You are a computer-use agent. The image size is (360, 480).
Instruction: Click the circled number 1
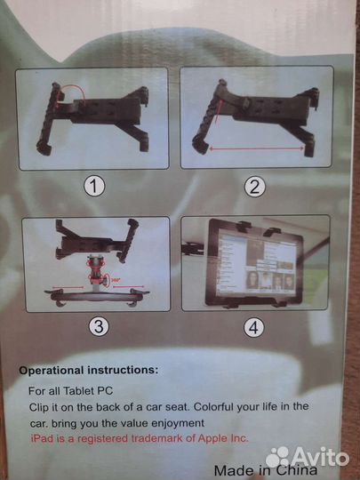coord(94,187)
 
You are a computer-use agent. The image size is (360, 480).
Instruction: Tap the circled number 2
coord(255,187)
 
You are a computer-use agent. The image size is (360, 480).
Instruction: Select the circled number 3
coord(99,327)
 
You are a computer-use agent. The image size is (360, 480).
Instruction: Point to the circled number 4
coord(253,327)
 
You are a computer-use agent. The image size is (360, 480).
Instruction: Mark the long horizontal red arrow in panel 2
coord(257,149)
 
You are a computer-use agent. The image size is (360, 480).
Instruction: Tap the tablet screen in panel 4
coord(256,265)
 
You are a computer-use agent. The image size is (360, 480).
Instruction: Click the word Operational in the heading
coord(52,370)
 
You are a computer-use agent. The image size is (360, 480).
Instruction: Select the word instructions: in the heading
coord(123,370)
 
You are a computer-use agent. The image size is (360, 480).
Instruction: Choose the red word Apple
coord(213,439)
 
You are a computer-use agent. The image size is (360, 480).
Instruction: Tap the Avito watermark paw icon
coord(277,457)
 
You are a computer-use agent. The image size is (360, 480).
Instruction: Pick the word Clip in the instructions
coord(38,407)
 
